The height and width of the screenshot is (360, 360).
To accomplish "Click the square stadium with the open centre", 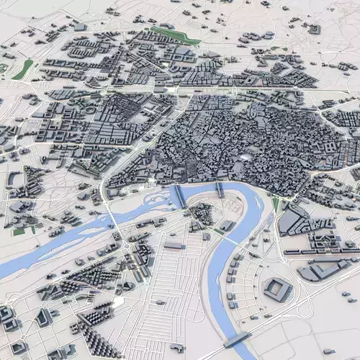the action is pyautogui.click(x=278, y=289).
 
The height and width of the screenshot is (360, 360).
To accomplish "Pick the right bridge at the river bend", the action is pyautogui.click(x=220, y=189).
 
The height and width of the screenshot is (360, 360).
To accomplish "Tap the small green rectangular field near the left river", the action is pyautogui.click(x=19, y=231).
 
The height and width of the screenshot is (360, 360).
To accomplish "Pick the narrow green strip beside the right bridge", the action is pyautogui.click(x=275, y=205).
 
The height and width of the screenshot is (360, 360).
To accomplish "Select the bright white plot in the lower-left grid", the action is pyautogui.click(x=117, y=303).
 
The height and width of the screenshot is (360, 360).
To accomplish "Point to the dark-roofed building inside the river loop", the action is pyautogui.click(x=202, y=214).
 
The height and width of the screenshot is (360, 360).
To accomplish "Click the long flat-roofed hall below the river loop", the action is pyautogui.click(x=175, y=246).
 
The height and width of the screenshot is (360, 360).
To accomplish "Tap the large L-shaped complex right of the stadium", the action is pyautogui.click(x=317, y=270).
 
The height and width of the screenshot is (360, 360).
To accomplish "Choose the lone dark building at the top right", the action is pyautogui.click(x=315, y=30).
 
